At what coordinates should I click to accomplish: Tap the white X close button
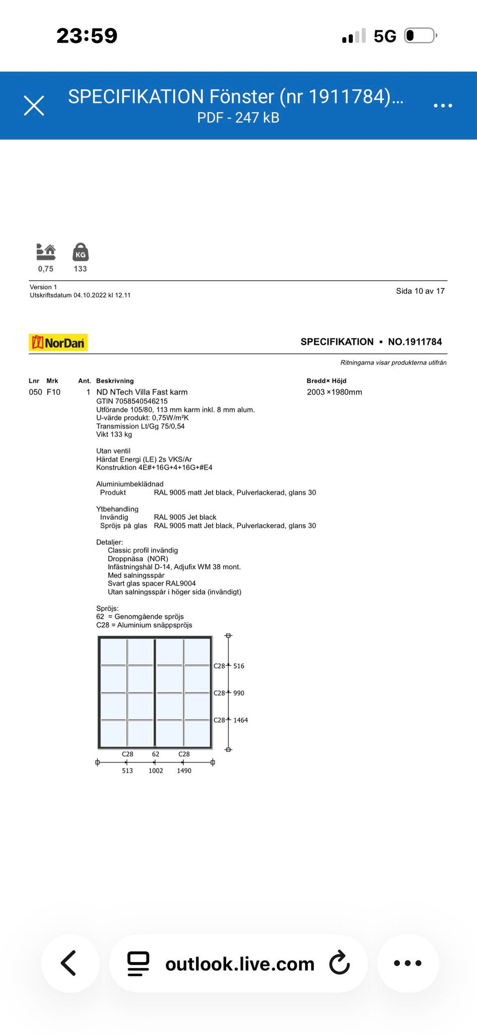[x=34, y=106]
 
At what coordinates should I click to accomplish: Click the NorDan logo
[x=58, y=343]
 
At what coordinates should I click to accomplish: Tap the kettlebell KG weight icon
[x=80, y=252]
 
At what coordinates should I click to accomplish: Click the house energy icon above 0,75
[x=46, y=252]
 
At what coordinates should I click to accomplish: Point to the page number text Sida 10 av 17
[x=420, y=291]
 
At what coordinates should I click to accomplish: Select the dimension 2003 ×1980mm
[x=334, y=392]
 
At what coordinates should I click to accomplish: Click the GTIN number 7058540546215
[x=132, y=401]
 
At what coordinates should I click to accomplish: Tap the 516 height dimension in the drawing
[x=238, y=666]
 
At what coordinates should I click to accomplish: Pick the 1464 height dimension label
[x=240, y=720]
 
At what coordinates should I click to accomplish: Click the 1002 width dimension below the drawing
[x=156, y=771]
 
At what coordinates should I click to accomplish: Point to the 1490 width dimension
[x=184, y=771]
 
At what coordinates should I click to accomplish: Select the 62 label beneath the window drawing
[x=156, y=754]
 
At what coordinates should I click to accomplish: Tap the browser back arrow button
[x=69, y=963]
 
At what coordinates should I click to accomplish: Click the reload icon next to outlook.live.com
[x=340, y=963]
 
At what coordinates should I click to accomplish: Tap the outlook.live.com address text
[x=239, y=964]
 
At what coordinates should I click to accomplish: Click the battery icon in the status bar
[x=420, y=36]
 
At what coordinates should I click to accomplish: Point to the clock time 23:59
[x=87, y=36]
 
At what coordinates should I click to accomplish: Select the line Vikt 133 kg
[x=114, y=434]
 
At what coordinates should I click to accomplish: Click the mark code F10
[x=53, y=392]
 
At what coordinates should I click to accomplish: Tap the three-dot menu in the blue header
[x=443, y=106]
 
